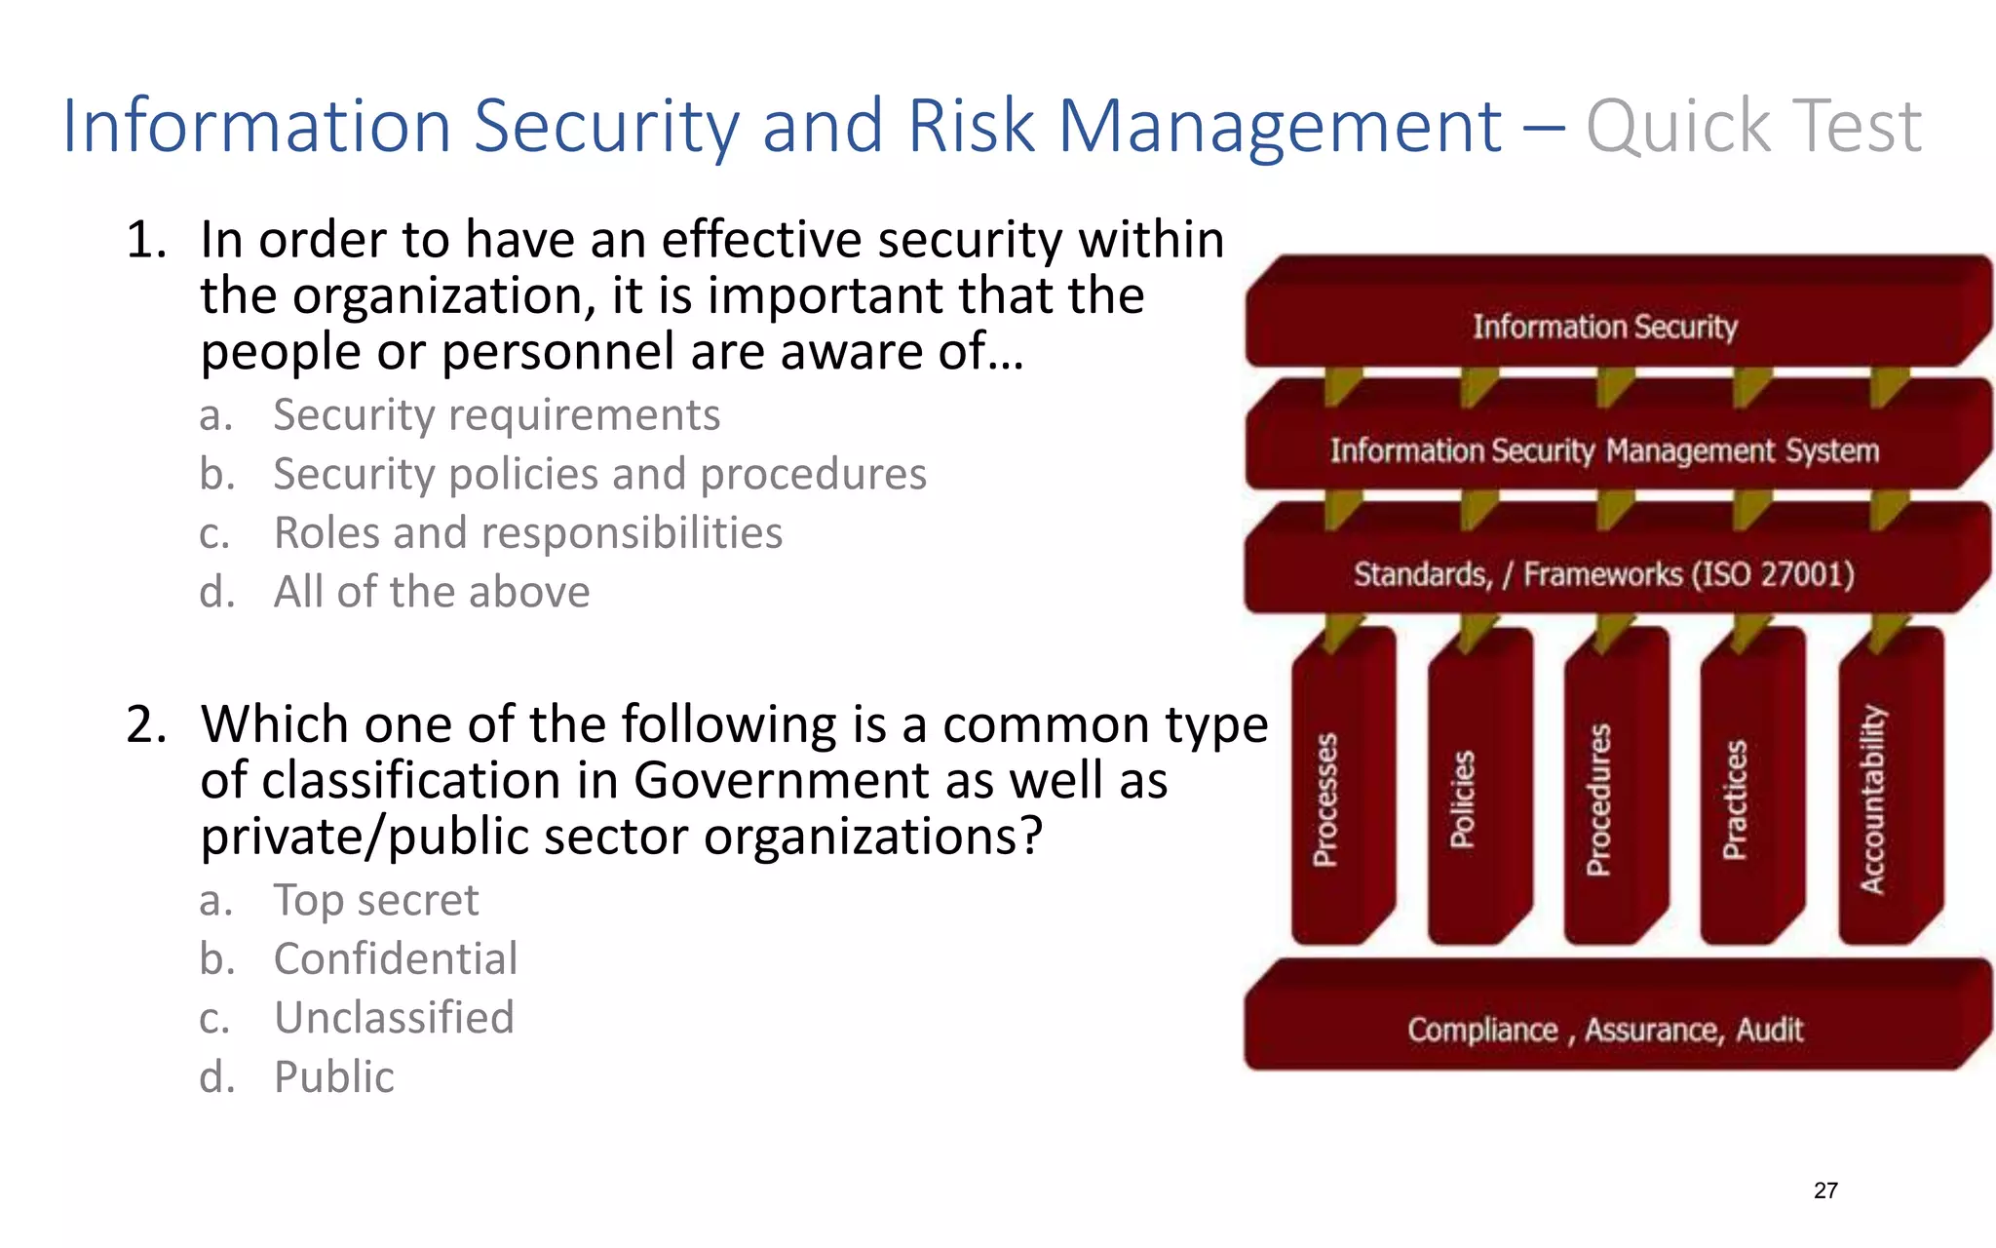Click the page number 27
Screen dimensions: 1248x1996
pos(1825,1190)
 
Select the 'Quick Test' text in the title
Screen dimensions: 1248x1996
pos(1753,127)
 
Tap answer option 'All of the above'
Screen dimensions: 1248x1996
pos(432,592)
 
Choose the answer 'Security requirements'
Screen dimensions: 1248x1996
pos(496,415)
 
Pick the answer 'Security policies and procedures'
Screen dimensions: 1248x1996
pos(599,475)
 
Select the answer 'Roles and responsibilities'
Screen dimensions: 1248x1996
pos(527,533)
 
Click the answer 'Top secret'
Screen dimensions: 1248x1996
pos(376,900)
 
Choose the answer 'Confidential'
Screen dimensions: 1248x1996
pos(396,959)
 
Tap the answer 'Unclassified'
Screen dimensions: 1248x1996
pos(394,1018)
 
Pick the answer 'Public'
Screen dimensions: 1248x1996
pos(334,1077)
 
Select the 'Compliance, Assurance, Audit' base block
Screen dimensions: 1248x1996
pos(1605,1030)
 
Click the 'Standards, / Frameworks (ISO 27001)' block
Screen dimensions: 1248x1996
pos(1604,574)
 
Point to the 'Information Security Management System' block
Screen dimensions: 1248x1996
pos(1604,450)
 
